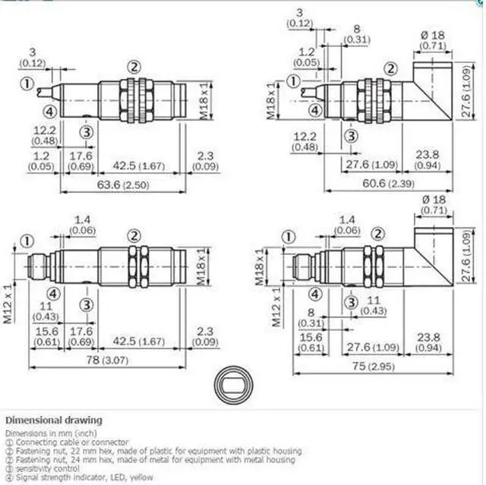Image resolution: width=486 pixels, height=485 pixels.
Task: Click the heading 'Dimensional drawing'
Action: point(54,420)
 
